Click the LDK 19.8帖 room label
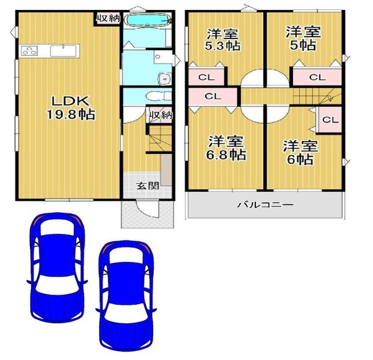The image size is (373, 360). click(x=71, y=108)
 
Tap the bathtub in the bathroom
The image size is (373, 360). click(x=148, y=19)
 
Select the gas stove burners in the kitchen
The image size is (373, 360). click(x=29, y=51)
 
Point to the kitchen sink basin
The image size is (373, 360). click(x=64, y=51)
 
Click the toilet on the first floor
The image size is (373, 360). click(x=158, y=96)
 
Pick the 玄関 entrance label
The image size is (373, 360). click(x=147, y=186)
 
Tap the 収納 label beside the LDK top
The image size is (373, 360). click(x=108, y=18)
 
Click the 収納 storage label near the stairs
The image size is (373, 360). click(x=161, y=116)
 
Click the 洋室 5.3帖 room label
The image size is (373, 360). click(x=223, y=40)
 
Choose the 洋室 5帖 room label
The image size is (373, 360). click(x=303, y=38)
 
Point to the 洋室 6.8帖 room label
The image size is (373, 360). click(x=226, y=148)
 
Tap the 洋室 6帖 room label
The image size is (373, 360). click(x=300, y=153)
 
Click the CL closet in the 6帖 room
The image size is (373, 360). click(x=330, y=120)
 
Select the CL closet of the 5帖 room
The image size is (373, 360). click(x=317, y=76)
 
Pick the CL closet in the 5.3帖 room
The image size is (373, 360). click(x=206, y=77)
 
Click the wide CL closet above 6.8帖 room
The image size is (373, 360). click(x=213, y=96)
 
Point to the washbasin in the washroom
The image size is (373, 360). click(x=164, y=78)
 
